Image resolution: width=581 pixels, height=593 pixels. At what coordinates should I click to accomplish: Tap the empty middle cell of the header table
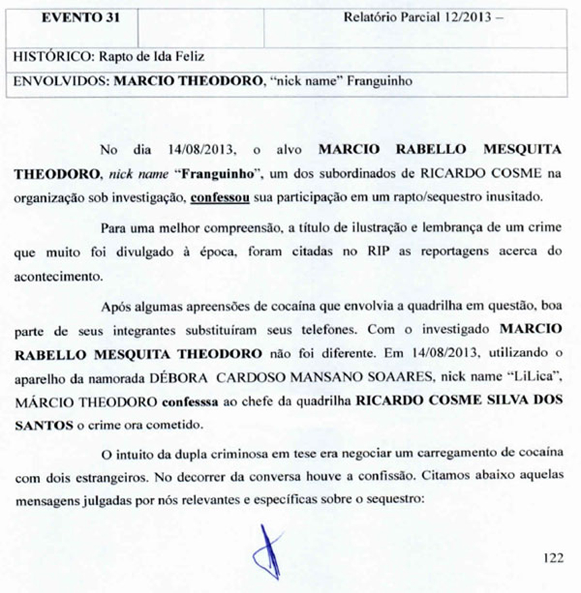[x=201, y=28]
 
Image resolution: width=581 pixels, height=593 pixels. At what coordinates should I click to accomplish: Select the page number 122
[x=553, y=558]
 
